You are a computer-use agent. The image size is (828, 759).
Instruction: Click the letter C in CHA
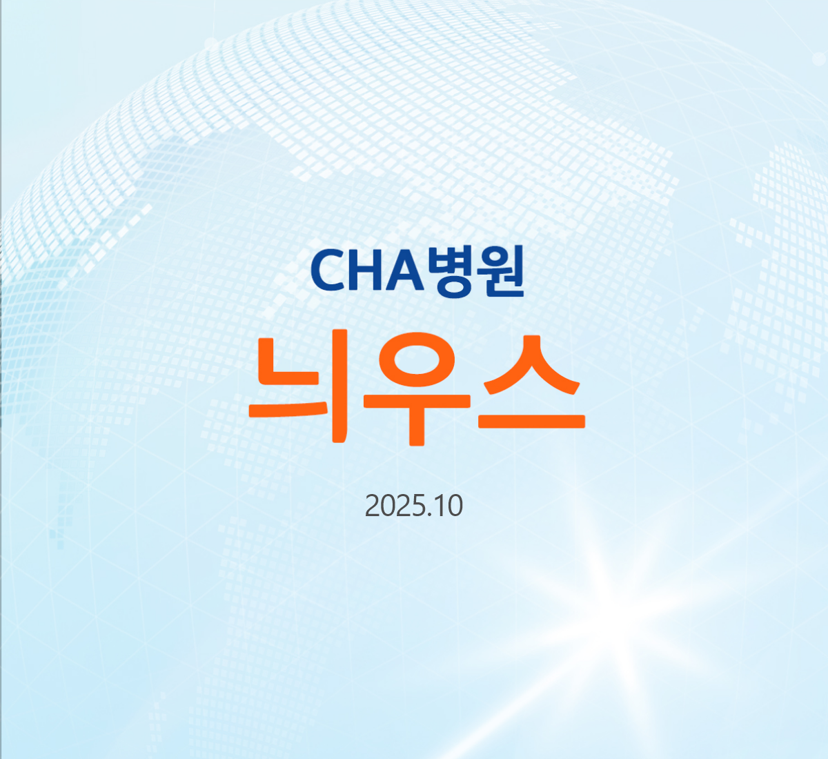click(327, 270)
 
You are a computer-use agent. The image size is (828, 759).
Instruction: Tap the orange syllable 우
click(417, 389)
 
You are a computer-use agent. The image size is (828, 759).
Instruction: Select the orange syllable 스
click(531, 382)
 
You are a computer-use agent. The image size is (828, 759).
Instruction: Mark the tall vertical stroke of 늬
click(339, 386)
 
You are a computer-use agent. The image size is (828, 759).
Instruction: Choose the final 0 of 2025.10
click(455, 506)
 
